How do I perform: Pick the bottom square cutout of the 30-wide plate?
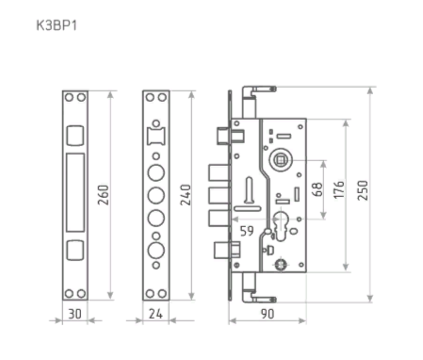[x=75, y=250]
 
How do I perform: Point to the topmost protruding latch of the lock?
[x=219, y=135]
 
